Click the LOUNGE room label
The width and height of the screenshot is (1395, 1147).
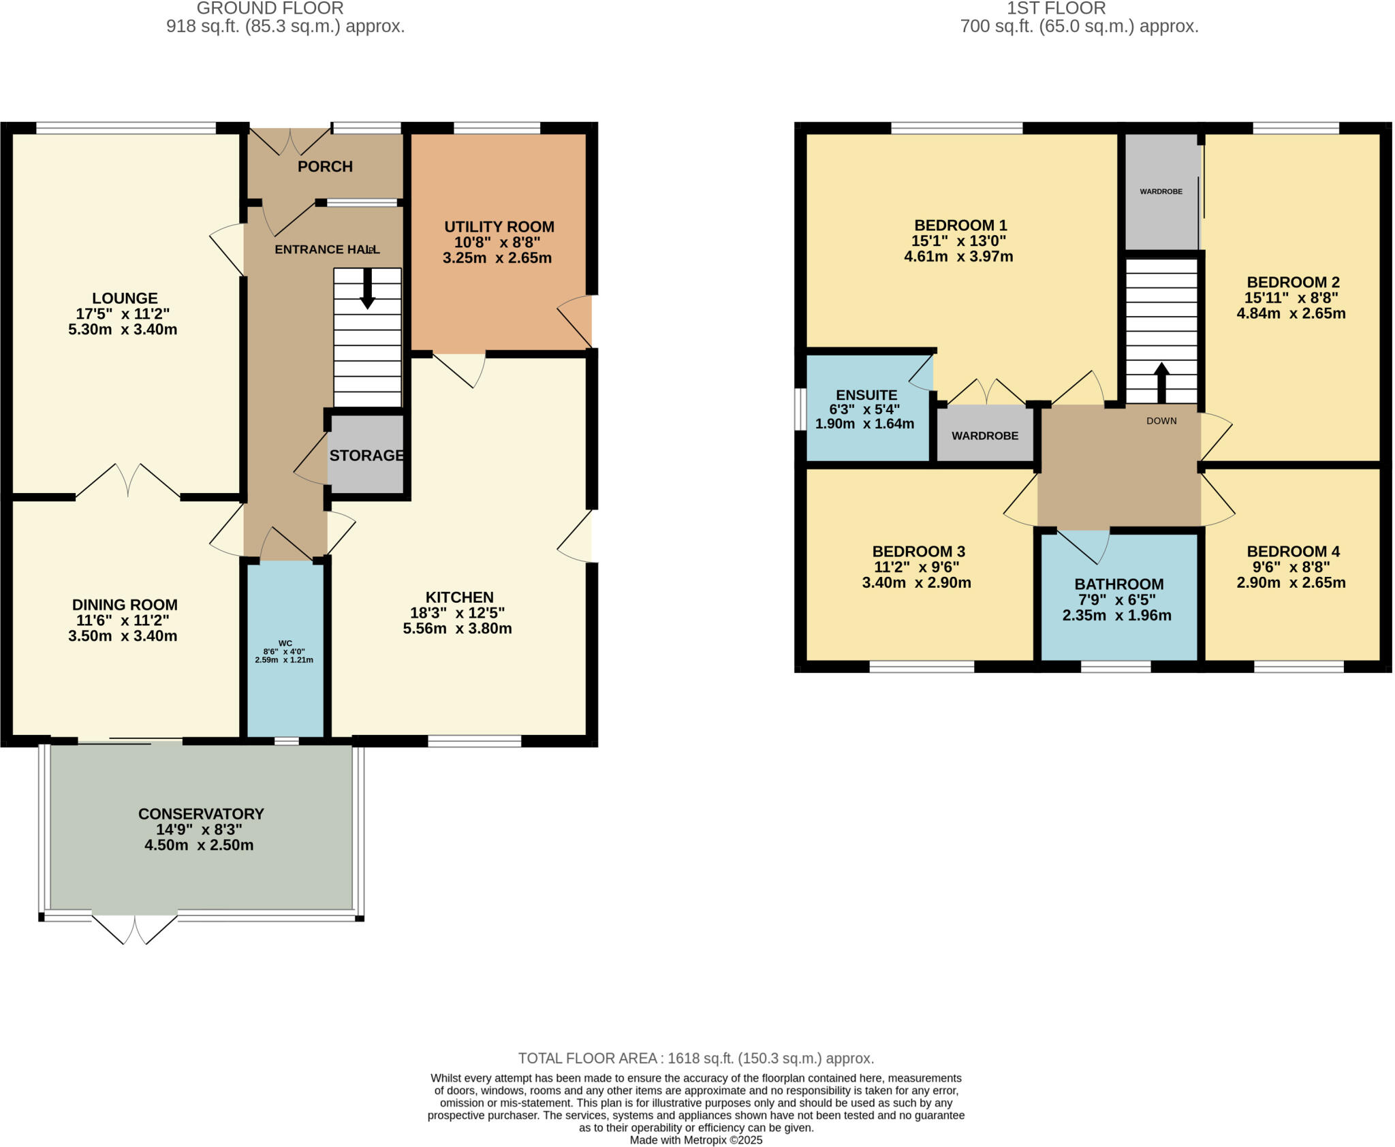(x=125, y=298)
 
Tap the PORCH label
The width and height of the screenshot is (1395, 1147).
(x=325, y=167)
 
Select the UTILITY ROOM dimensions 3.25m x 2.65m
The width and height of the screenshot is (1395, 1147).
(x=497, y=258)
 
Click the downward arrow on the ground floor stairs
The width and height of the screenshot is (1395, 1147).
(x=367, y=290)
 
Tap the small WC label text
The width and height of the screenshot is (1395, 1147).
(x=285, y=643)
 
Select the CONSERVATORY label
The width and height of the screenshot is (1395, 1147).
(x=201, y=814)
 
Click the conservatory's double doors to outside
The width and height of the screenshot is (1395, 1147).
(x=135, y=930)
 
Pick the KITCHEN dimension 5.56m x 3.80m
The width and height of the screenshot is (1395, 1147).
(x=457, y=629)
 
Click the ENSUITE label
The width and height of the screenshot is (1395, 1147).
(x=866, y=395)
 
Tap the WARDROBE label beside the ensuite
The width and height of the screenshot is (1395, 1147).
(x=985, y=436)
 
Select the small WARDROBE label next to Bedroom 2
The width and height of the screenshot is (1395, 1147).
(x=1161, y=192)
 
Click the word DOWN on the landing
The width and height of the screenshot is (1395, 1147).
(x=1161, y=421)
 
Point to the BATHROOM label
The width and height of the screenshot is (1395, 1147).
(x=1119, y=584)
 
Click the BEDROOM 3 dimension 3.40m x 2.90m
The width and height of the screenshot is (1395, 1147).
(x=917, y=583)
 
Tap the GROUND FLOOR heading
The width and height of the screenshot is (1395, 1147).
(x=270, y=9)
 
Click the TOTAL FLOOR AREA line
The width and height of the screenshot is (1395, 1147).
(x=695, y=1058)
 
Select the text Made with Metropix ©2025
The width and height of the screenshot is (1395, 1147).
(x=695, y=1140)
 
